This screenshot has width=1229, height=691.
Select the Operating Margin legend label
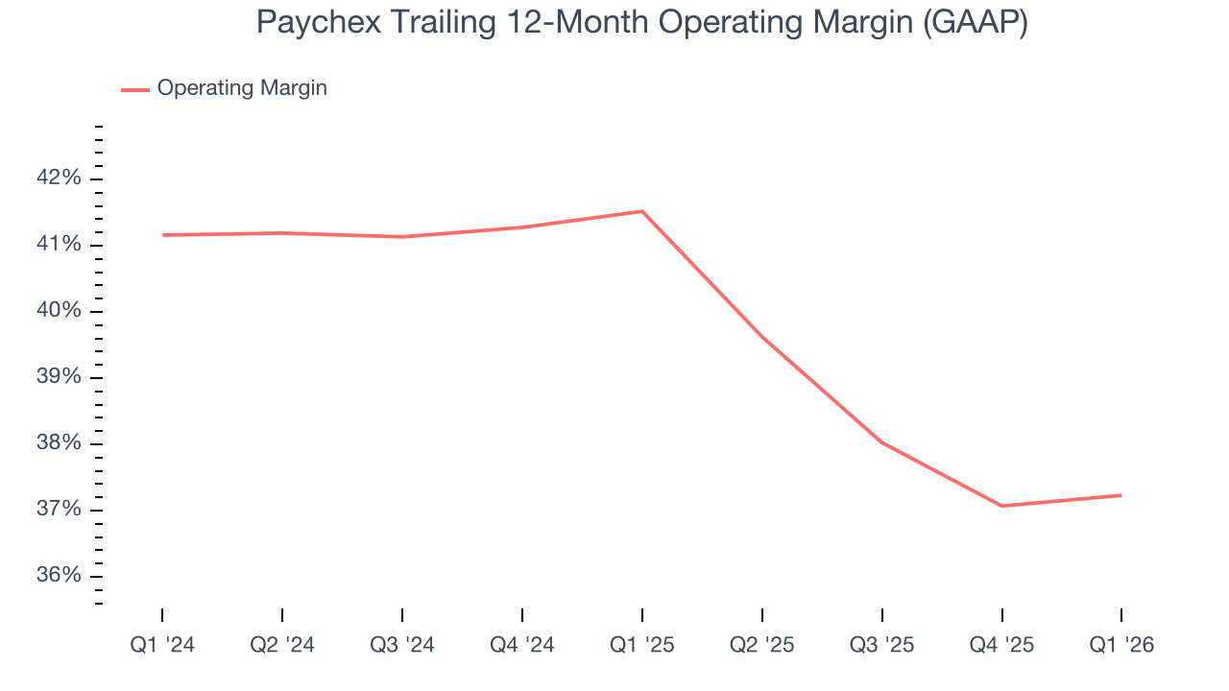(x=242, y=88)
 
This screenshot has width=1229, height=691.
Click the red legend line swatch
(x=135, y=89)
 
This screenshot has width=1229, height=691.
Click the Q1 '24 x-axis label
(x=162, y=645)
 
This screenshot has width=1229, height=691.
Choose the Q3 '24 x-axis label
(x=402, y=645)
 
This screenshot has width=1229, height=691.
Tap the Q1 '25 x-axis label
(x=642, y=645)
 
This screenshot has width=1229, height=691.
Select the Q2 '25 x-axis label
(x=762, y=645)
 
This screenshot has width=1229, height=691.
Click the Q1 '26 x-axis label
(x=1121, y=645)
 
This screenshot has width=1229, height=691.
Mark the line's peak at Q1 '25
(x=642, y=211)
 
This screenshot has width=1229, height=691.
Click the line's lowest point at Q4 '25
(x=1001, y=506)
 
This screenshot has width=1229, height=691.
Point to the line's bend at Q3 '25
(x=881, y=442)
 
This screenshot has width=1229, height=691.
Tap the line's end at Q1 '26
(x=1121, y=495)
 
